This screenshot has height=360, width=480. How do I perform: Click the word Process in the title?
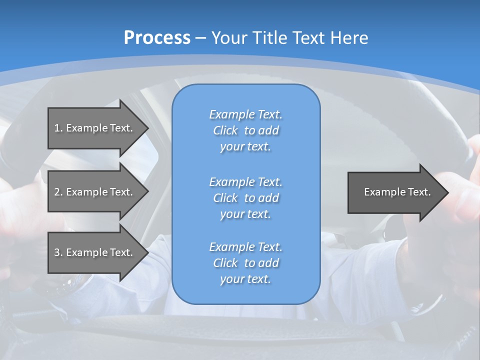coord(157,37)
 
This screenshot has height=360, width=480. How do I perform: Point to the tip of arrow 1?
coord(147,128)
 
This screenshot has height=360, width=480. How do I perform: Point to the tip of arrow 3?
coord(147,252)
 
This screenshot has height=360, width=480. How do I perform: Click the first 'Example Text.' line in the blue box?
coord(245,114)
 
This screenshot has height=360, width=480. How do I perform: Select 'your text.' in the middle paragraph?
coord(245,214)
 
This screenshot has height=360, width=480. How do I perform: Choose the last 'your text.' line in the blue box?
coord(245,279)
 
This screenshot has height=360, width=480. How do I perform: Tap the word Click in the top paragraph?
coord(225,130)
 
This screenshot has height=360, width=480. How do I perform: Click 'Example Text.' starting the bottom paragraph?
coord(245,247)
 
